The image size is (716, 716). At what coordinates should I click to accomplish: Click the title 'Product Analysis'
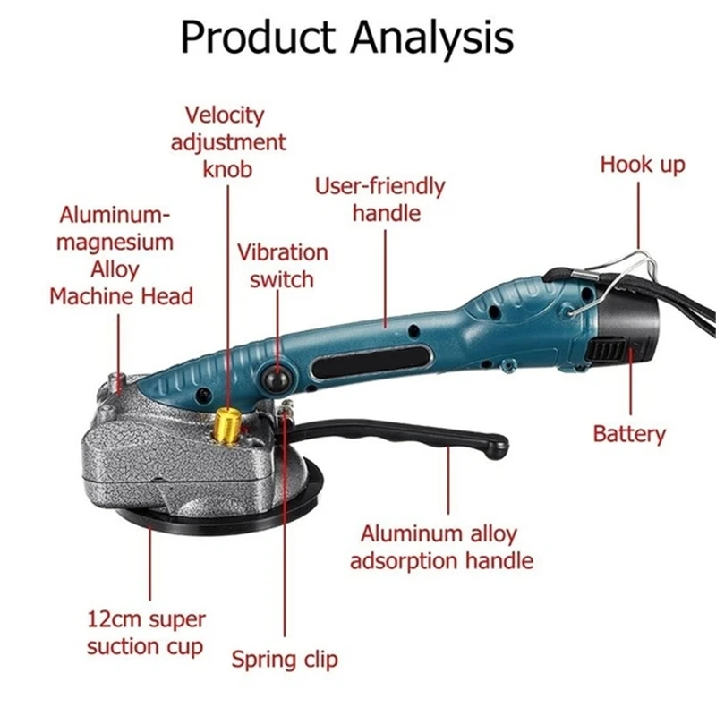pos(347,38)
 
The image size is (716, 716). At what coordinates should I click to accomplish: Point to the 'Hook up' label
pos(642,165)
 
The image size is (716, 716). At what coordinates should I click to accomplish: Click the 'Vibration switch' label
pos(282,266)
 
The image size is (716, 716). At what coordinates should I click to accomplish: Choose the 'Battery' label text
pos(629,434)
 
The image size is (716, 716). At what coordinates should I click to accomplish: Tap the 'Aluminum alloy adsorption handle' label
pos(440,548)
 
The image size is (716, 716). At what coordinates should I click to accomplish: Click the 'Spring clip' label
pos(285,661)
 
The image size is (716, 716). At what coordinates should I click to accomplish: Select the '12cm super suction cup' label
pos(147,632)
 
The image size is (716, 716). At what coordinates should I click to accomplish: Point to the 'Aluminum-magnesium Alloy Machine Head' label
pos(120,255)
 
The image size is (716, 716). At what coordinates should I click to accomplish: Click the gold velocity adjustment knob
pos(229,421)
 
